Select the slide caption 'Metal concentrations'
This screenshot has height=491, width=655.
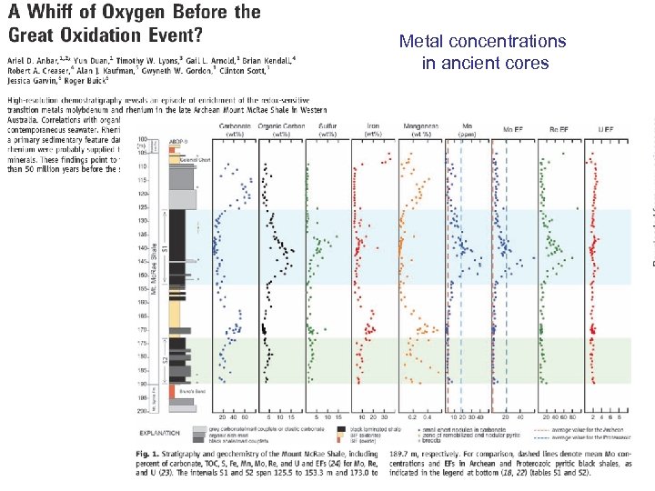tap(483, 42)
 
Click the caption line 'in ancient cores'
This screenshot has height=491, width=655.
tap(485, 63)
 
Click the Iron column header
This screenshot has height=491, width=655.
tap(373, 128)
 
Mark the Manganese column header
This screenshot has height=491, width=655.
tap(419, 128)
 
